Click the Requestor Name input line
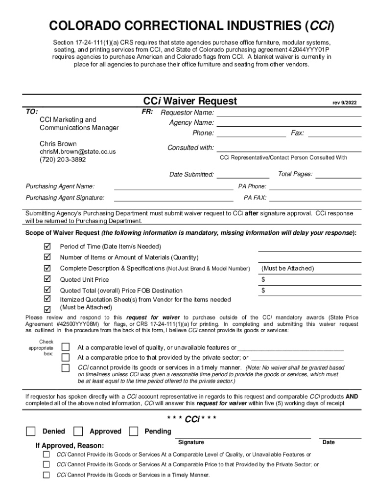(288, 113)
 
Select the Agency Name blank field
(288, 123)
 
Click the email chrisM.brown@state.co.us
(77, 152)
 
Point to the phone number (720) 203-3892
(63, 160)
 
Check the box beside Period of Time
(47, 246)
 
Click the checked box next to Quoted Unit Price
(47, 279)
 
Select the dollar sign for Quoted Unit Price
(263, 280)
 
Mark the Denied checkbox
(31, 431)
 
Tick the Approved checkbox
(78, 431)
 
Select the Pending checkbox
(133, 431)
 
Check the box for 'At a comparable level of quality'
(65, 347)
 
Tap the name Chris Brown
(58, 144)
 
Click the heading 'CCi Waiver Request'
(189, 101)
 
